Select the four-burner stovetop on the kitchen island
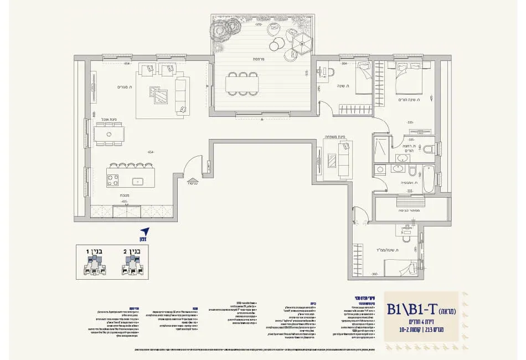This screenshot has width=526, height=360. [112, 180]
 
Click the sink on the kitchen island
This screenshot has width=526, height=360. [138, 181]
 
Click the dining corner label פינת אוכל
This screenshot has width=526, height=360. [108, 119]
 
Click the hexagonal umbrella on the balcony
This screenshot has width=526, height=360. [303, 39]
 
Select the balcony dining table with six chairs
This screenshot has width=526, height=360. [242, 84]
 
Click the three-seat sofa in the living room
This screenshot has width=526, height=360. [181, 95]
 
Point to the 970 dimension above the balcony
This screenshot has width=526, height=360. [257, 25]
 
